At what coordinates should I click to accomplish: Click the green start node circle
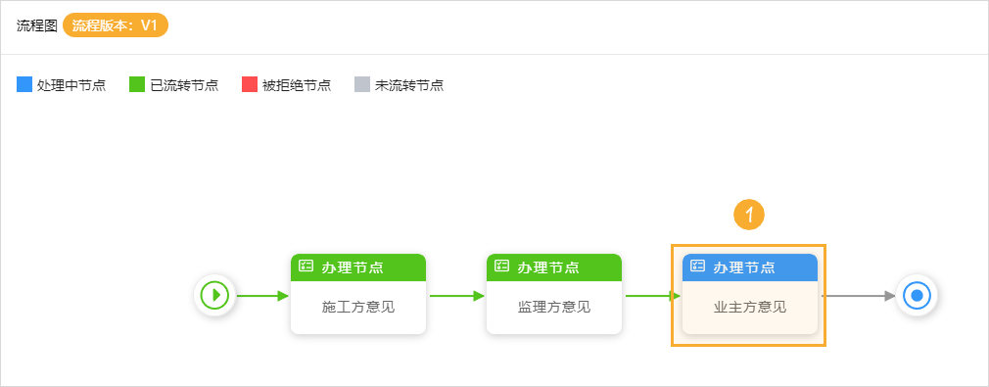pos(214,295)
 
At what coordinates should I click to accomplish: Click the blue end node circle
pos(917,295)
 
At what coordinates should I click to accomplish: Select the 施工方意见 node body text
pos(358,307)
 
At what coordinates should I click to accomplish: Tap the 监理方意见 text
pos(554,307)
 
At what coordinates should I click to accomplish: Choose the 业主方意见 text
pos(750,307)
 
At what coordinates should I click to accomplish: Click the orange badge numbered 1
pos(748,215)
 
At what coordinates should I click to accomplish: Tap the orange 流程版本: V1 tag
pos(116,25)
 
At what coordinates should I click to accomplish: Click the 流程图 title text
pos(36,26)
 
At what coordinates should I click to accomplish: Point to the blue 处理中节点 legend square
pos(24,84)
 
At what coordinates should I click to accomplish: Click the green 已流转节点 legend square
pos(137,84)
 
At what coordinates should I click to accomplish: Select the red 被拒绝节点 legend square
pos(250,84)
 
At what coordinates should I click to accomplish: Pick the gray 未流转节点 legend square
pos(362,84)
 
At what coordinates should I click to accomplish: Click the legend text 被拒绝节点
pos(297,85)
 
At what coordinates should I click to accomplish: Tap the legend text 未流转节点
pos(409,85)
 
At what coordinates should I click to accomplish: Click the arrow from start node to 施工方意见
pos(261,295)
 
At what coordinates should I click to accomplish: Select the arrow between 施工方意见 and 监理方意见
pos(456,295)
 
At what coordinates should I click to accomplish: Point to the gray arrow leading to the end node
pos(858,295)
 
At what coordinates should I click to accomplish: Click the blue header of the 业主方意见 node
pos(750,266)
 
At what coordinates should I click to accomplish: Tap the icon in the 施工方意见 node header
pos(306,266)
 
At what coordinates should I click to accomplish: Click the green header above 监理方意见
pos(554,266)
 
